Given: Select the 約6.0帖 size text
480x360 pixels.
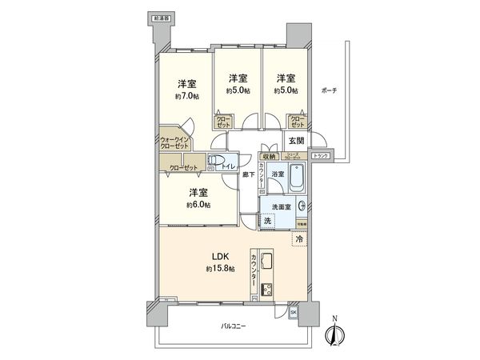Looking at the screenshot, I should point(198,205).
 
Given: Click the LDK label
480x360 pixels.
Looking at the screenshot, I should point(220,256).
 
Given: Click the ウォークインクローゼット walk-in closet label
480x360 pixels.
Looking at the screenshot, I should point(174,142).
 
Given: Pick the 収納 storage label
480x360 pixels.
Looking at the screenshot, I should point(269,156).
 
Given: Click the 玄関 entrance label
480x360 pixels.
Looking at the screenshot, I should point(296,142).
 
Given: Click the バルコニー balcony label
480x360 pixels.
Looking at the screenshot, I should point(234,326).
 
